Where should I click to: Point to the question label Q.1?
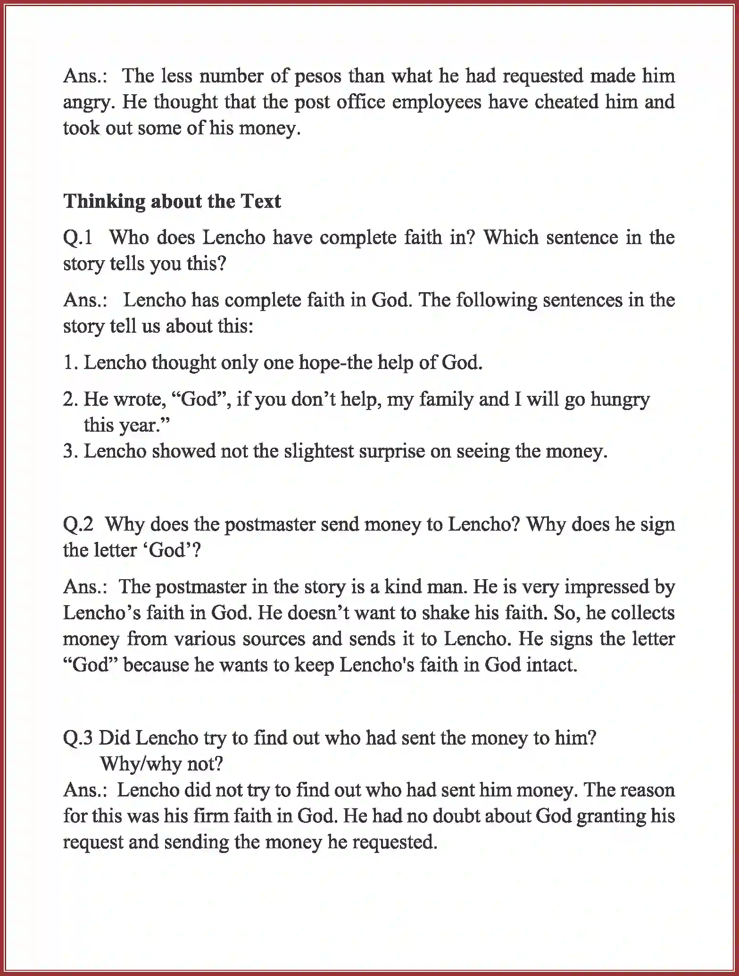pyautogui.click(x=78, y=238)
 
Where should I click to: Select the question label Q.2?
pyautogui.click(x=78, y=525)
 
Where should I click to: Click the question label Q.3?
pyautogui.click(x=78, y=738)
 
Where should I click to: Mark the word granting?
pyautogui.click(x=611, y=817)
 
